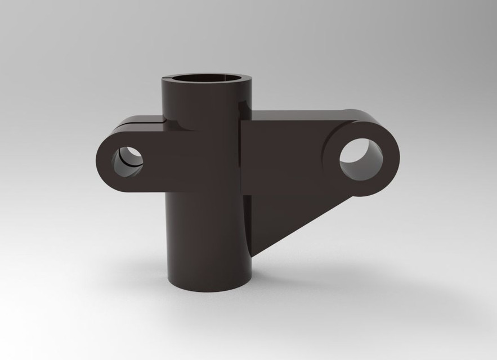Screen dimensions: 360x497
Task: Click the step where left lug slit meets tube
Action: (x=163, y=119)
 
